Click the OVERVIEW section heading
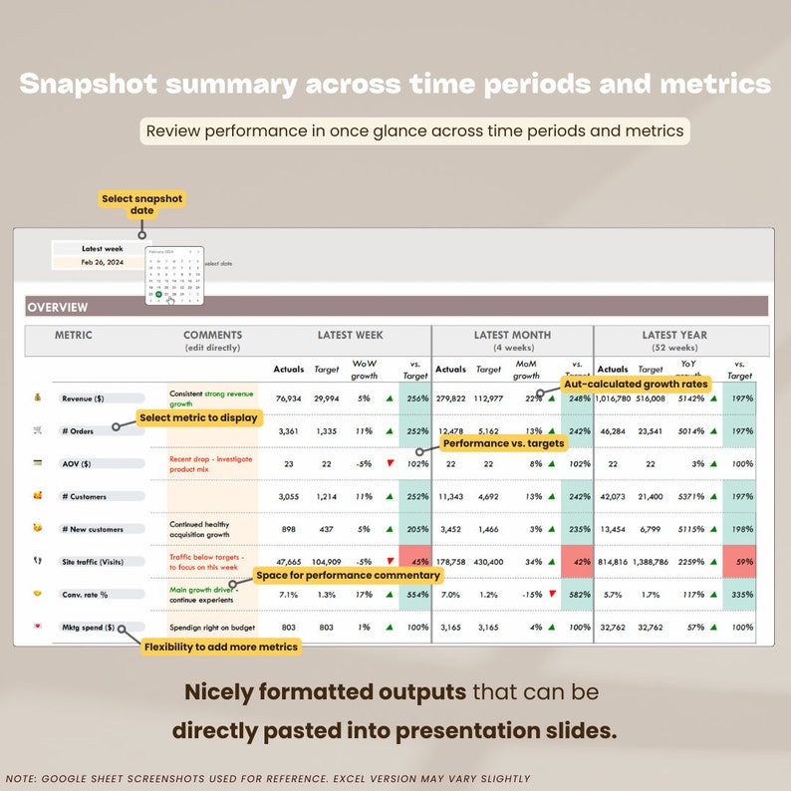pos(58,308)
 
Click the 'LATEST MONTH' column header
pos(512,336)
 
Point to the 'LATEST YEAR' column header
pos(673,336)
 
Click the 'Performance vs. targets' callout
pos(503,443)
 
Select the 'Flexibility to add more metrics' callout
pos(220,648)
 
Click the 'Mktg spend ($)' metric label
pos(88,629)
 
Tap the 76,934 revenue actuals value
pos(288,398)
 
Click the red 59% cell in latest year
pos(738,561)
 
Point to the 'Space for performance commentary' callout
pos(348,576)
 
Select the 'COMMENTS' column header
pos(212,336)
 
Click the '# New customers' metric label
pos(92,529)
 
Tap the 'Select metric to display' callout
pos(199,418)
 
